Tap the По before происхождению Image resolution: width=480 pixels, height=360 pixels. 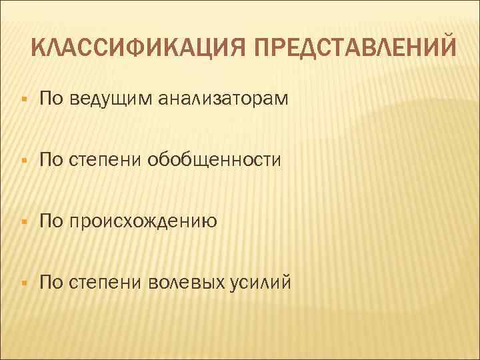(x=51, y=220)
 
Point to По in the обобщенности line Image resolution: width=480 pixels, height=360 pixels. (x=51, y=159)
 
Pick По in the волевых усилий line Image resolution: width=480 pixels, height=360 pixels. (x=51, y=281)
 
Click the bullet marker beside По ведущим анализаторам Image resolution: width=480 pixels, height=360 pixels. (x=23, y=100)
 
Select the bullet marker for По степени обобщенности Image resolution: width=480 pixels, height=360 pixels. (x=23, y=161)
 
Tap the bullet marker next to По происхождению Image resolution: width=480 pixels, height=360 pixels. (x=23, y=221)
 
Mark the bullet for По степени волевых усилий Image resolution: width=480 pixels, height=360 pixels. (x=23, y=282)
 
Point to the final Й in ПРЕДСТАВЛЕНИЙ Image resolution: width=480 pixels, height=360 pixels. (x=449, y=47)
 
